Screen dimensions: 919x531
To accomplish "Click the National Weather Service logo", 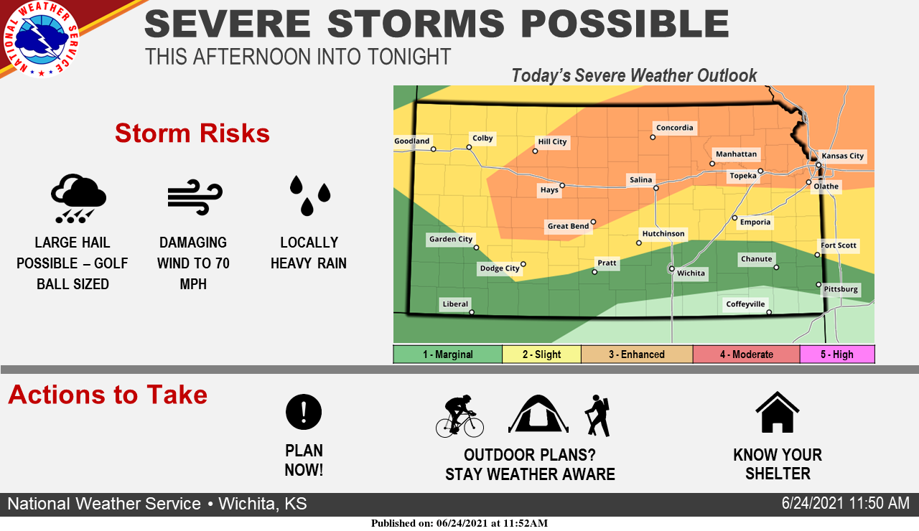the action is (x=41, y=39).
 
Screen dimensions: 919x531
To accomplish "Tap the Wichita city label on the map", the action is (x=691, y=273).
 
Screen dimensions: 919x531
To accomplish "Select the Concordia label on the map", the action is (x=674, y=128).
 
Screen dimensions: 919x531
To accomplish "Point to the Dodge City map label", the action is (x=500, y=268).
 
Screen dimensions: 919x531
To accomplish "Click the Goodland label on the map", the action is (x=412, y=141).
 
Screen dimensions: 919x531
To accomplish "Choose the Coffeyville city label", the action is (x=745, y=304).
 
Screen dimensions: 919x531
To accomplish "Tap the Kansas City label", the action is (x=843, y=156).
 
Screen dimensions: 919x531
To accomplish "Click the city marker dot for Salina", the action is (x=656, y=188).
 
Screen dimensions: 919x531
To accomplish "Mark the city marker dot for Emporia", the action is (x=734, y=218).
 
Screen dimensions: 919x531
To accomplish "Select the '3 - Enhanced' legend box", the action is (x=637, y=354).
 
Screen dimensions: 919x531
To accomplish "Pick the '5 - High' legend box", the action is (x=837, y=354).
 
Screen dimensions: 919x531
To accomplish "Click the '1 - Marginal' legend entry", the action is (x=447, y=354).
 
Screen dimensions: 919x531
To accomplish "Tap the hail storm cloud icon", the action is (x=78, y=199).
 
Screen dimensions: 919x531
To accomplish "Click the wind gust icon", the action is (x=195, y=197).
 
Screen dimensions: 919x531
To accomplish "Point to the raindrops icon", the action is (x=309, y=196).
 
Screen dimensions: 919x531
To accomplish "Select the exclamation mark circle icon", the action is (x=304, y=412).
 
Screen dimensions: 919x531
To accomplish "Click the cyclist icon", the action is (x=460, y=416).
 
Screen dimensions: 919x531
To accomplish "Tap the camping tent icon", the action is (x=538, y=414).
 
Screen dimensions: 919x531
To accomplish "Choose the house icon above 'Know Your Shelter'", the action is (x=778, y=412).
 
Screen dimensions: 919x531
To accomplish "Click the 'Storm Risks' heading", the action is (x=192, y=133).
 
